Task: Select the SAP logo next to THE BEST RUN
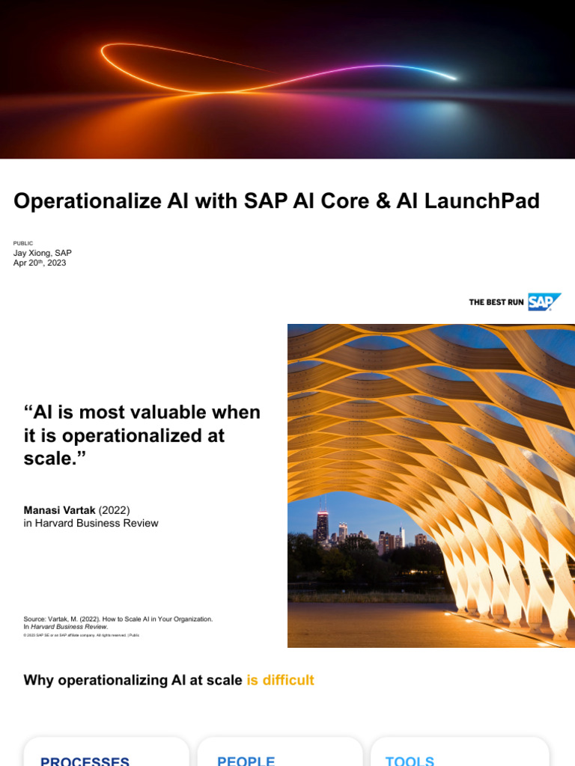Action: coord(544,302)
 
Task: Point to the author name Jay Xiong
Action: coord(43,253)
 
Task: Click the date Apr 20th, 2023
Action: coord(40,263)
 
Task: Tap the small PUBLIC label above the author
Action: coord(23,243)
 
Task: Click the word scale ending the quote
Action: coord(49,458)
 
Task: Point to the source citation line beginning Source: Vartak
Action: coord(118,619)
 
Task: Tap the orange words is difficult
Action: coord(280,680)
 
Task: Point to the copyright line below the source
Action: coord(82,635)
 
